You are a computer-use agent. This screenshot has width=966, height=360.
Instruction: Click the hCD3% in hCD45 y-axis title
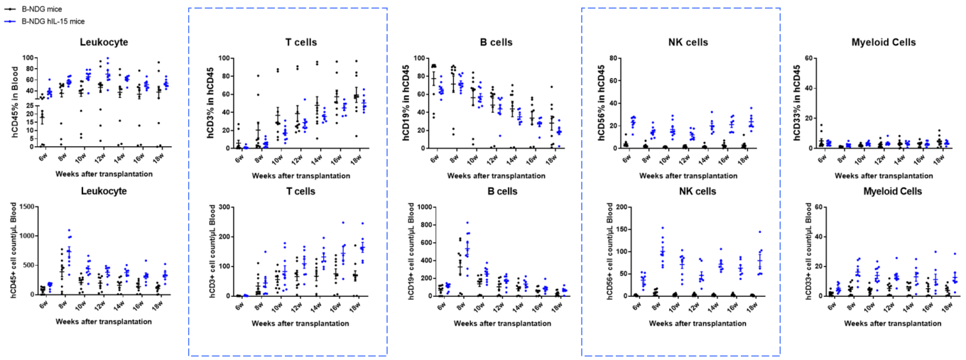212,102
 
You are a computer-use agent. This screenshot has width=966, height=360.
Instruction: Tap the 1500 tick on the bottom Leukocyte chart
27,207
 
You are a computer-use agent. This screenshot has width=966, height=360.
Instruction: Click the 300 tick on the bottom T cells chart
229,207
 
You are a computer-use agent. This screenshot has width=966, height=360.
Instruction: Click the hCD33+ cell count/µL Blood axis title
805,251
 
